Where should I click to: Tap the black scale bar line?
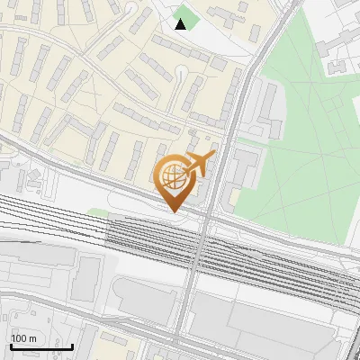pos(41,346)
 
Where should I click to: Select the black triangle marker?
pos(181,24)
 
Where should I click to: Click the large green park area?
pos(297,162)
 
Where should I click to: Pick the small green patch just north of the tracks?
pos(98,213)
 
